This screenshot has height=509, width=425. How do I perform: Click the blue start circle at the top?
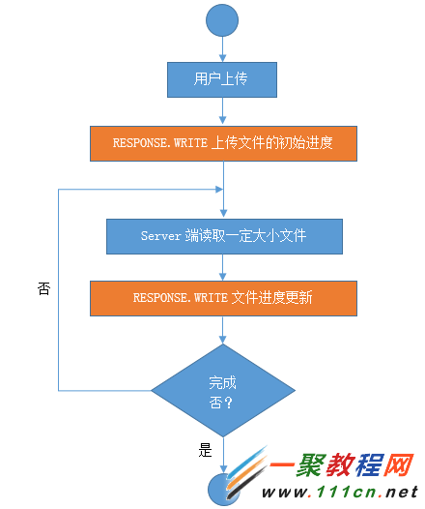[223, 18]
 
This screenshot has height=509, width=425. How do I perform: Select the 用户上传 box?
[223, 80]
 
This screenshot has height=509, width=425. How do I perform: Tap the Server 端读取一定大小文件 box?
[223, 235]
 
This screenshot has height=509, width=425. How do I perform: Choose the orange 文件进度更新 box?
[223, 297]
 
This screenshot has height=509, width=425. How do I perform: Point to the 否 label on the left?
[43, 288]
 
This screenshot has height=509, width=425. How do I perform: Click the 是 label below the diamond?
[204, 450]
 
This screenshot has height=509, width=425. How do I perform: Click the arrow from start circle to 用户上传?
[223, 47]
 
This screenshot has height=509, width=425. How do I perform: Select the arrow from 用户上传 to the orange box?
[223, 111]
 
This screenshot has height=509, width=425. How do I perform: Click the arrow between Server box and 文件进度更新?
[223, 266]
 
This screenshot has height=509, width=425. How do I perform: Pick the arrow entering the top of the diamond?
[223, 329]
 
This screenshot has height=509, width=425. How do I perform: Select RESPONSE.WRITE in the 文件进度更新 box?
[180, 297]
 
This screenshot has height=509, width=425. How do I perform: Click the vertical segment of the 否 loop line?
[59, 290]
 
